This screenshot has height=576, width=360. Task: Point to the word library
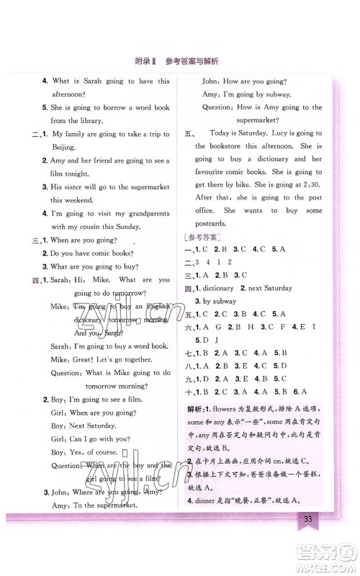[91, 121]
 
